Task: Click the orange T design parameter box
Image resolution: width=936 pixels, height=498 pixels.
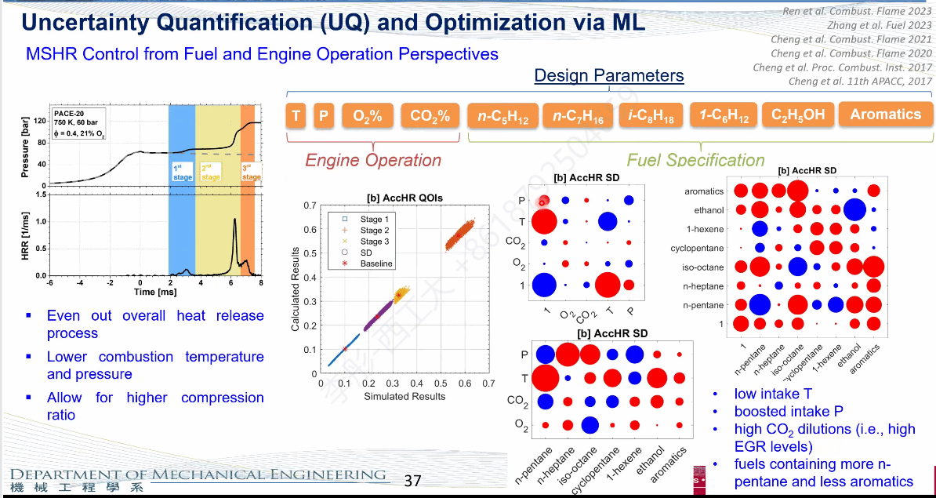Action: [296, 116]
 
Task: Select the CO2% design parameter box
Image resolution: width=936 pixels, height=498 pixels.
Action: [430, 116]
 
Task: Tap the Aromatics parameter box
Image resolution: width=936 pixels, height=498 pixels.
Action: [885, 115]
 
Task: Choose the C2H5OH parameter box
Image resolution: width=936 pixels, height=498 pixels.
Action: [798, 115]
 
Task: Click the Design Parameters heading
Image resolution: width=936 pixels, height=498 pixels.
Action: [608, 76]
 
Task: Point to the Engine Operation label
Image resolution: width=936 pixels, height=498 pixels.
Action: [373, 160]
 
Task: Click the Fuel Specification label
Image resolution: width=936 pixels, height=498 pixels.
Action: [695, 161]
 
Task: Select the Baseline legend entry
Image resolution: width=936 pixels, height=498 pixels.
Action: [375, 264]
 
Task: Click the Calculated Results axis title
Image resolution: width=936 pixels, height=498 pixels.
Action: [296, 289]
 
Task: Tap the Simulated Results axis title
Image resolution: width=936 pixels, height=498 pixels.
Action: [405, 396]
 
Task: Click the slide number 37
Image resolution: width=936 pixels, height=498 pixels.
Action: [412, 480]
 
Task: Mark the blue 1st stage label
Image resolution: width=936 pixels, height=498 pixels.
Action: [181, 173]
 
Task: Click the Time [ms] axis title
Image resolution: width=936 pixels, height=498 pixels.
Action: [154, 292]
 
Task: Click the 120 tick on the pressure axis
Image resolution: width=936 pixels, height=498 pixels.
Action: [39, 121]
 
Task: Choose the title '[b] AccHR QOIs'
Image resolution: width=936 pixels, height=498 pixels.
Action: [405, 198]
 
